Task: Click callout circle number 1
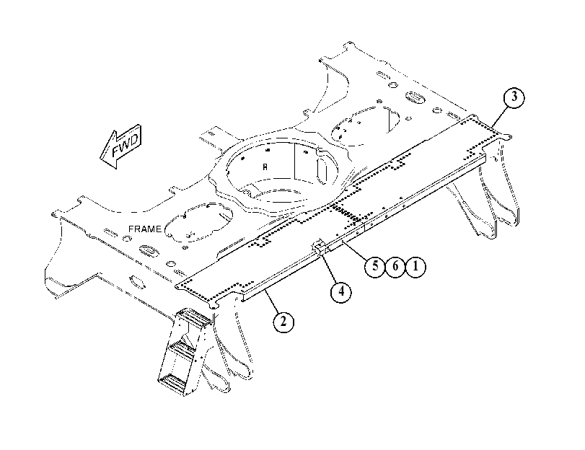click(415, 266)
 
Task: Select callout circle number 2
click(283, 321)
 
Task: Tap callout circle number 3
click(514, 97)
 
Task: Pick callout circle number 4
click(341, 291)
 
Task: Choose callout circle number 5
click(375, 266)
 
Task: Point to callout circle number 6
click(395, 266)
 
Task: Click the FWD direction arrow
click(121, 146)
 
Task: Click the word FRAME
click(145, 229)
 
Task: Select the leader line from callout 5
click(355, 251)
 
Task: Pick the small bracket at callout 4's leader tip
click(320, 247)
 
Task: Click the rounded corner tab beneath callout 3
click(506, 137)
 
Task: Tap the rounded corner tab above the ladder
click(214, 306)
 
